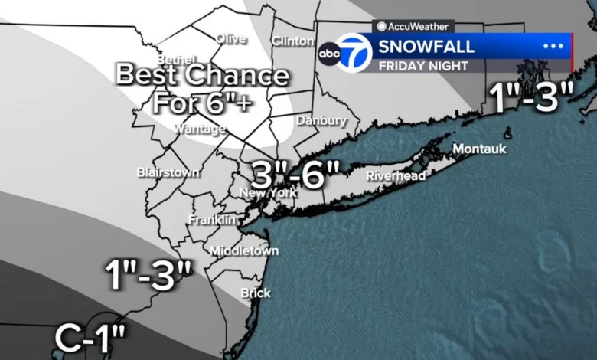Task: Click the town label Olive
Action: (231, 38)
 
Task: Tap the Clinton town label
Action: (292, 41)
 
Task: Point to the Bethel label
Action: (177, 59)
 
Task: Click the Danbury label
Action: (321, 121)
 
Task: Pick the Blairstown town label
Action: (168, 172)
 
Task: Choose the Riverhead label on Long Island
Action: (395, 175)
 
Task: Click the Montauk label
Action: (479, 149)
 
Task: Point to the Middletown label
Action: (244, 251)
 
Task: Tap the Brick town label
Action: (256, 293)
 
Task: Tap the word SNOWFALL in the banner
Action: (426, 46)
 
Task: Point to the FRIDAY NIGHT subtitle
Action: (422, 66)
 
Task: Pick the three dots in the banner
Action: (553, 46)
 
